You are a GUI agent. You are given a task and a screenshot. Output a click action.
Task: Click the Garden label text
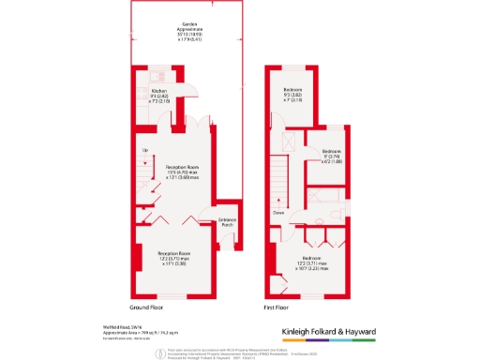click(x=176, y=24)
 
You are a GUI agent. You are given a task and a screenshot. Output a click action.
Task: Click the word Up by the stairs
click(x=144, y=150)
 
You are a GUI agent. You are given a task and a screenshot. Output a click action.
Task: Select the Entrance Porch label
click(x=226, y=221)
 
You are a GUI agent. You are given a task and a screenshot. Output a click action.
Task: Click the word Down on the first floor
click(x=278, y=213)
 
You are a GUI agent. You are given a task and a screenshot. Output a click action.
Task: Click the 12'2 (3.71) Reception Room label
click(x=180, y=260)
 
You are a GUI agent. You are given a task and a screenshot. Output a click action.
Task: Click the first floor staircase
click(x=278, y=179)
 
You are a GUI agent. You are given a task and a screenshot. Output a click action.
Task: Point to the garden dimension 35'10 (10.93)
click(x=176, y=35)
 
